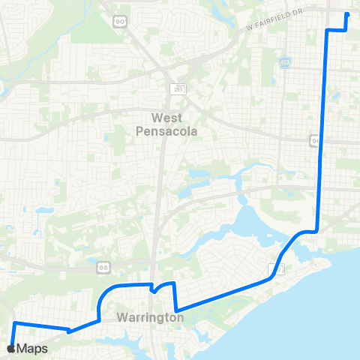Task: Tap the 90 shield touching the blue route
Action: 314,139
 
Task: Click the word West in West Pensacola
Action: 167,118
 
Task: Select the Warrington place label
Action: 150,318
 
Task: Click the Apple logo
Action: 10,349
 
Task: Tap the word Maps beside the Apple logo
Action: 33,349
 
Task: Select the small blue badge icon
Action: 285,63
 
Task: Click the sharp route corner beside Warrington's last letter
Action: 175,310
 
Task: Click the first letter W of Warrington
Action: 121,318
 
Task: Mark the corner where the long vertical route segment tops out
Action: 327,30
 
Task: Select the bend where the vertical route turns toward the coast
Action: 318,231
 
